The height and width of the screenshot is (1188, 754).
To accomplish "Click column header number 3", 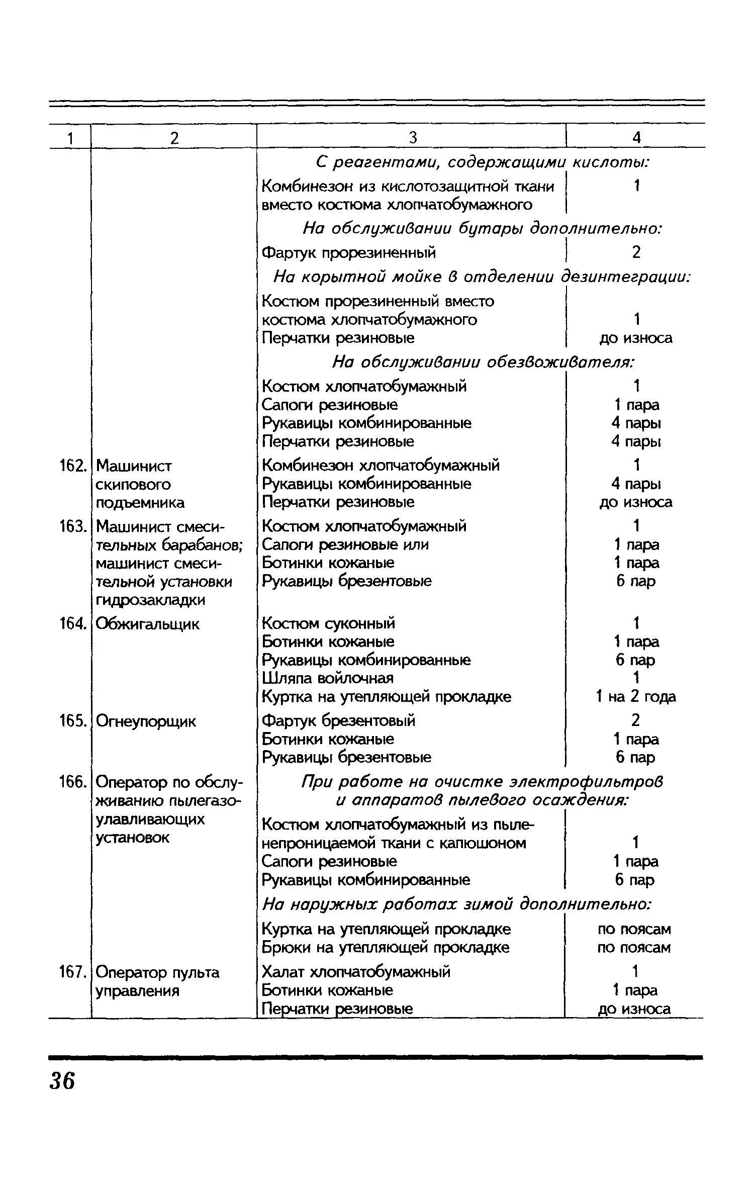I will coord(412,138).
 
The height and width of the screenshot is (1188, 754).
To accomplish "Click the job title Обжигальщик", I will coord(147,624).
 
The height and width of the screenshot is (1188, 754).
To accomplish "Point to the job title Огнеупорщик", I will coord(146,721).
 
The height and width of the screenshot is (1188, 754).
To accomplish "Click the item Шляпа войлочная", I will coord(328,678).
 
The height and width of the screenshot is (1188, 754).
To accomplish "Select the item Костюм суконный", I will coord(329,623).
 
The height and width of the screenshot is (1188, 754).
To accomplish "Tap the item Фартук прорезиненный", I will coord(349,252).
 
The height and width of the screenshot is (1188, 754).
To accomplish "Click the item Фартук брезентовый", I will coord(339,720).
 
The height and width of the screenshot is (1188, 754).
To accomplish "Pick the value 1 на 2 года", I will coord(635,697).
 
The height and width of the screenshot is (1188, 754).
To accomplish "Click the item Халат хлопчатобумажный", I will coord(356,971).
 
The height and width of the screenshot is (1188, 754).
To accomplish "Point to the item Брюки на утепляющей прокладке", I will coord(386,947).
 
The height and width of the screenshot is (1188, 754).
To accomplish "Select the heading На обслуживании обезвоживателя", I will coord(483,362).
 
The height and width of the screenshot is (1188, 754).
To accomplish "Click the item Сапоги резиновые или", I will coord(345,544).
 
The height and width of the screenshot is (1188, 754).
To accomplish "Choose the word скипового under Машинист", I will coord(133,485).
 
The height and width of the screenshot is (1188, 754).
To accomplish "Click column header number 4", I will coord(636,138).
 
